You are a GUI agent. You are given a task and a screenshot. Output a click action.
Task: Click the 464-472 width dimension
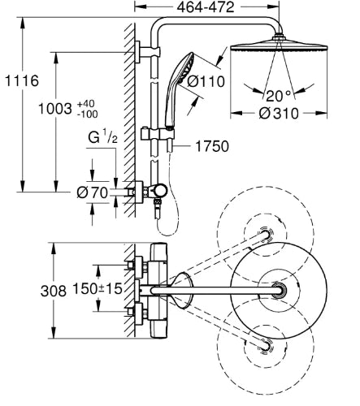tap(206, 7)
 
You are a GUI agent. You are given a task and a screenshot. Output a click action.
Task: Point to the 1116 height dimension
tap(22, 80)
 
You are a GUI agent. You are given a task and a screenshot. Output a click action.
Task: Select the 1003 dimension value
tap(55, 109)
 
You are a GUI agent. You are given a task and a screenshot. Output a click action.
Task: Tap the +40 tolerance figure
tap(86, 104)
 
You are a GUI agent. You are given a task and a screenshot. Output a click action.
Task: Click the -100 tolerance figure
tap(87, 114)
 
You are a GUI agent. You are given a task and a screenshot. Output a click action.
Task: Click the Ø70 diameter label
tap(93, 192)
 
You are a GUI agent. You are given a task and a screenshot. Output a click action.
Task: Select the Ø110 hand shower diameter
tap(206, 81)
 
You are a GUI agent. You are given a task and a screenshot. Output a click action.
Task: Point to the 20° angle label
tap(278, 96)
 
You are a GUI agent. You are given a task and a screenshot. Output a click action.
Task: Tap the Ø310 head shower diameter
tap(279, 114)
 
